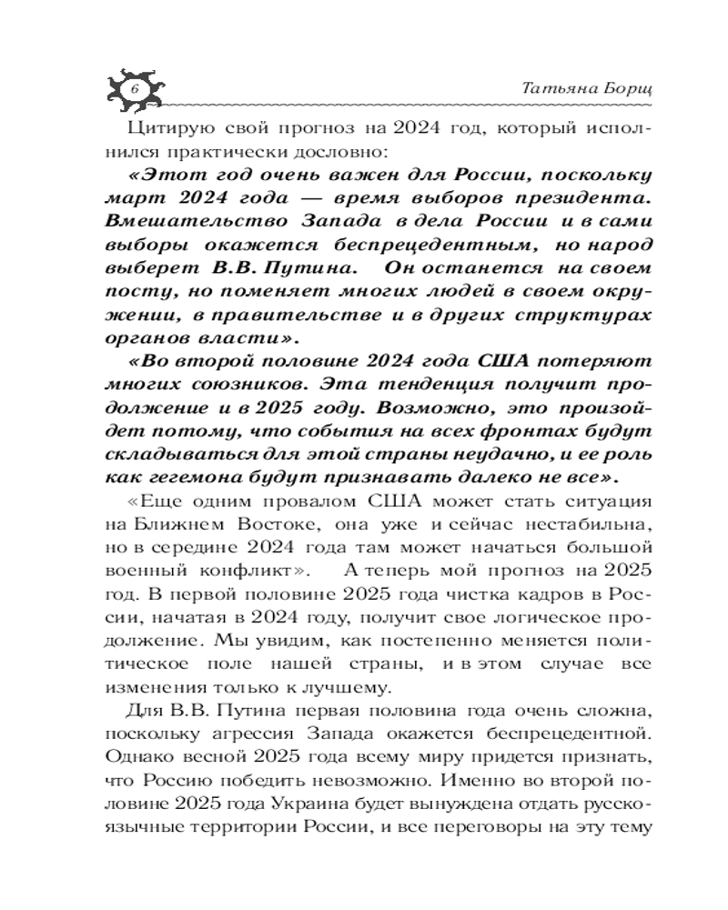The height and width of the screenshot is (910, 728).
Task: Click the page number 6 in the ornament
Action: (x=133, y=89)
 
